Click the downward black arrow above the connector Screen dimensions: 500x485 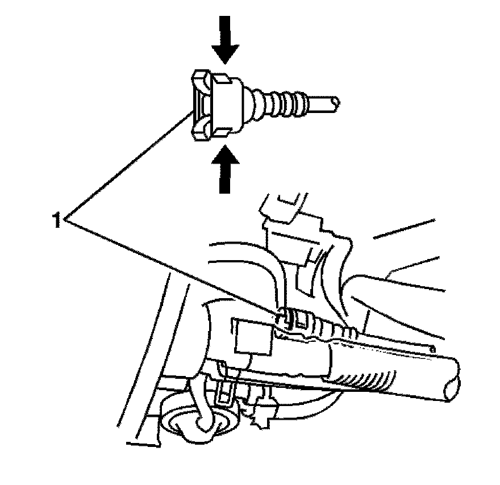226,40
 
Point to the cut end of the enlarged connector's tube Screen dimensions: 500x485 337,102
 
